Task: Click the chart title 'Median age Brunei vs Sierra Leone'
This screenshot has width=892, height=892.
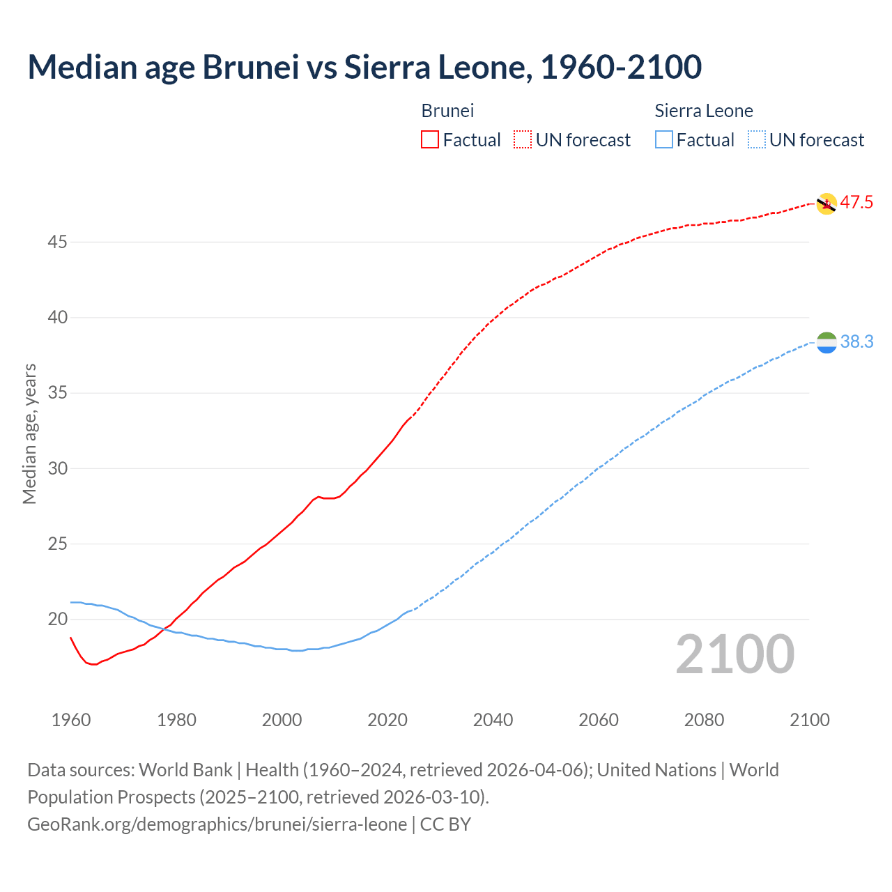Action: (x=364, y=67)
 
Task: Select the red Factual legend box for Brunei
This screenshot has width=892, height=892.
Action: (x=430, y=139)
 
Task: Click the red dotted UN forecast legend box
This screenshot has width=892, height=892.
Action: (x=523, y=139)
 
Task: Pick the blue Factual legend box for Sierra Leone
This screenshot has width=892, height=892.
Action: (x=664, y=139)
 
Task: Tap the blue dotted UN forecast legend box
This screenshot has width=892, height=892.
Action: (x=756, y=139)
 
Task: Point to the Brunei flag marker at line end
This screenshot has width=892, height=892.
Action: (x=826, y=203)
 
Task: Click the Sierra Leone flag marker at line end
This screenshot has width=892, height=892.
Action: (x=826, y=342)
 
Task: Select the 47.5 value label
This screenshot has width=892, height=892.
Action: (x=856, y=203)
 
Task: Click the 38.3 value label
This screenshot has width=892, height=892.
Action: (x=856, y=341)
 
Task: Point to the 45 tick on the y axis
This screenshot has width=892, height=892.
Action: (x=58, y=242)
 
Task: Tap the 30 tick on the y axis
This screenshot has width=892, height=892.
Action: (x=58, y=468)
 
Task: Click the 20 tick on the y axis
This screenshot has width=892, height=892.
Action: (x=58, y=619)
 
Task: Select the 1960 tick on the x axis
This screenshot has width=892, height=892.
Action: (x=71, y=720)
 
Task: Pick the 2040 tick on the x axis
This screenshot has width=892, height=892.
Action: (x=493, y=720)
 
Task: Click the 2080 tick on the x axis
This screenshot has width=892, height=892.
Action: (x=704, y=720)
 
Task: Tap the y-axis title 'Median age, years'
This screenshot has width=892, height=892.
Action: (x=29, y=433)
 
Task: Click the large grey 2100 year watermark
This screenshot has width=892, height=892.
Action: (x=735, y=654)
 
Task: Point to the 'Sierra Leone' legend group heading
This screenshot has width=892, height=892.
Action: (x=704, y=111)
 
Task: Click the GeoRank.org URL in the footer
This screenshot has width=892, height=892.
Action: (x=217, y=824)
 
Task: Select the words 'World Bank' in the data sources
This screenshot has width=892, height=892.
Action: (x=185, y=770)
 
